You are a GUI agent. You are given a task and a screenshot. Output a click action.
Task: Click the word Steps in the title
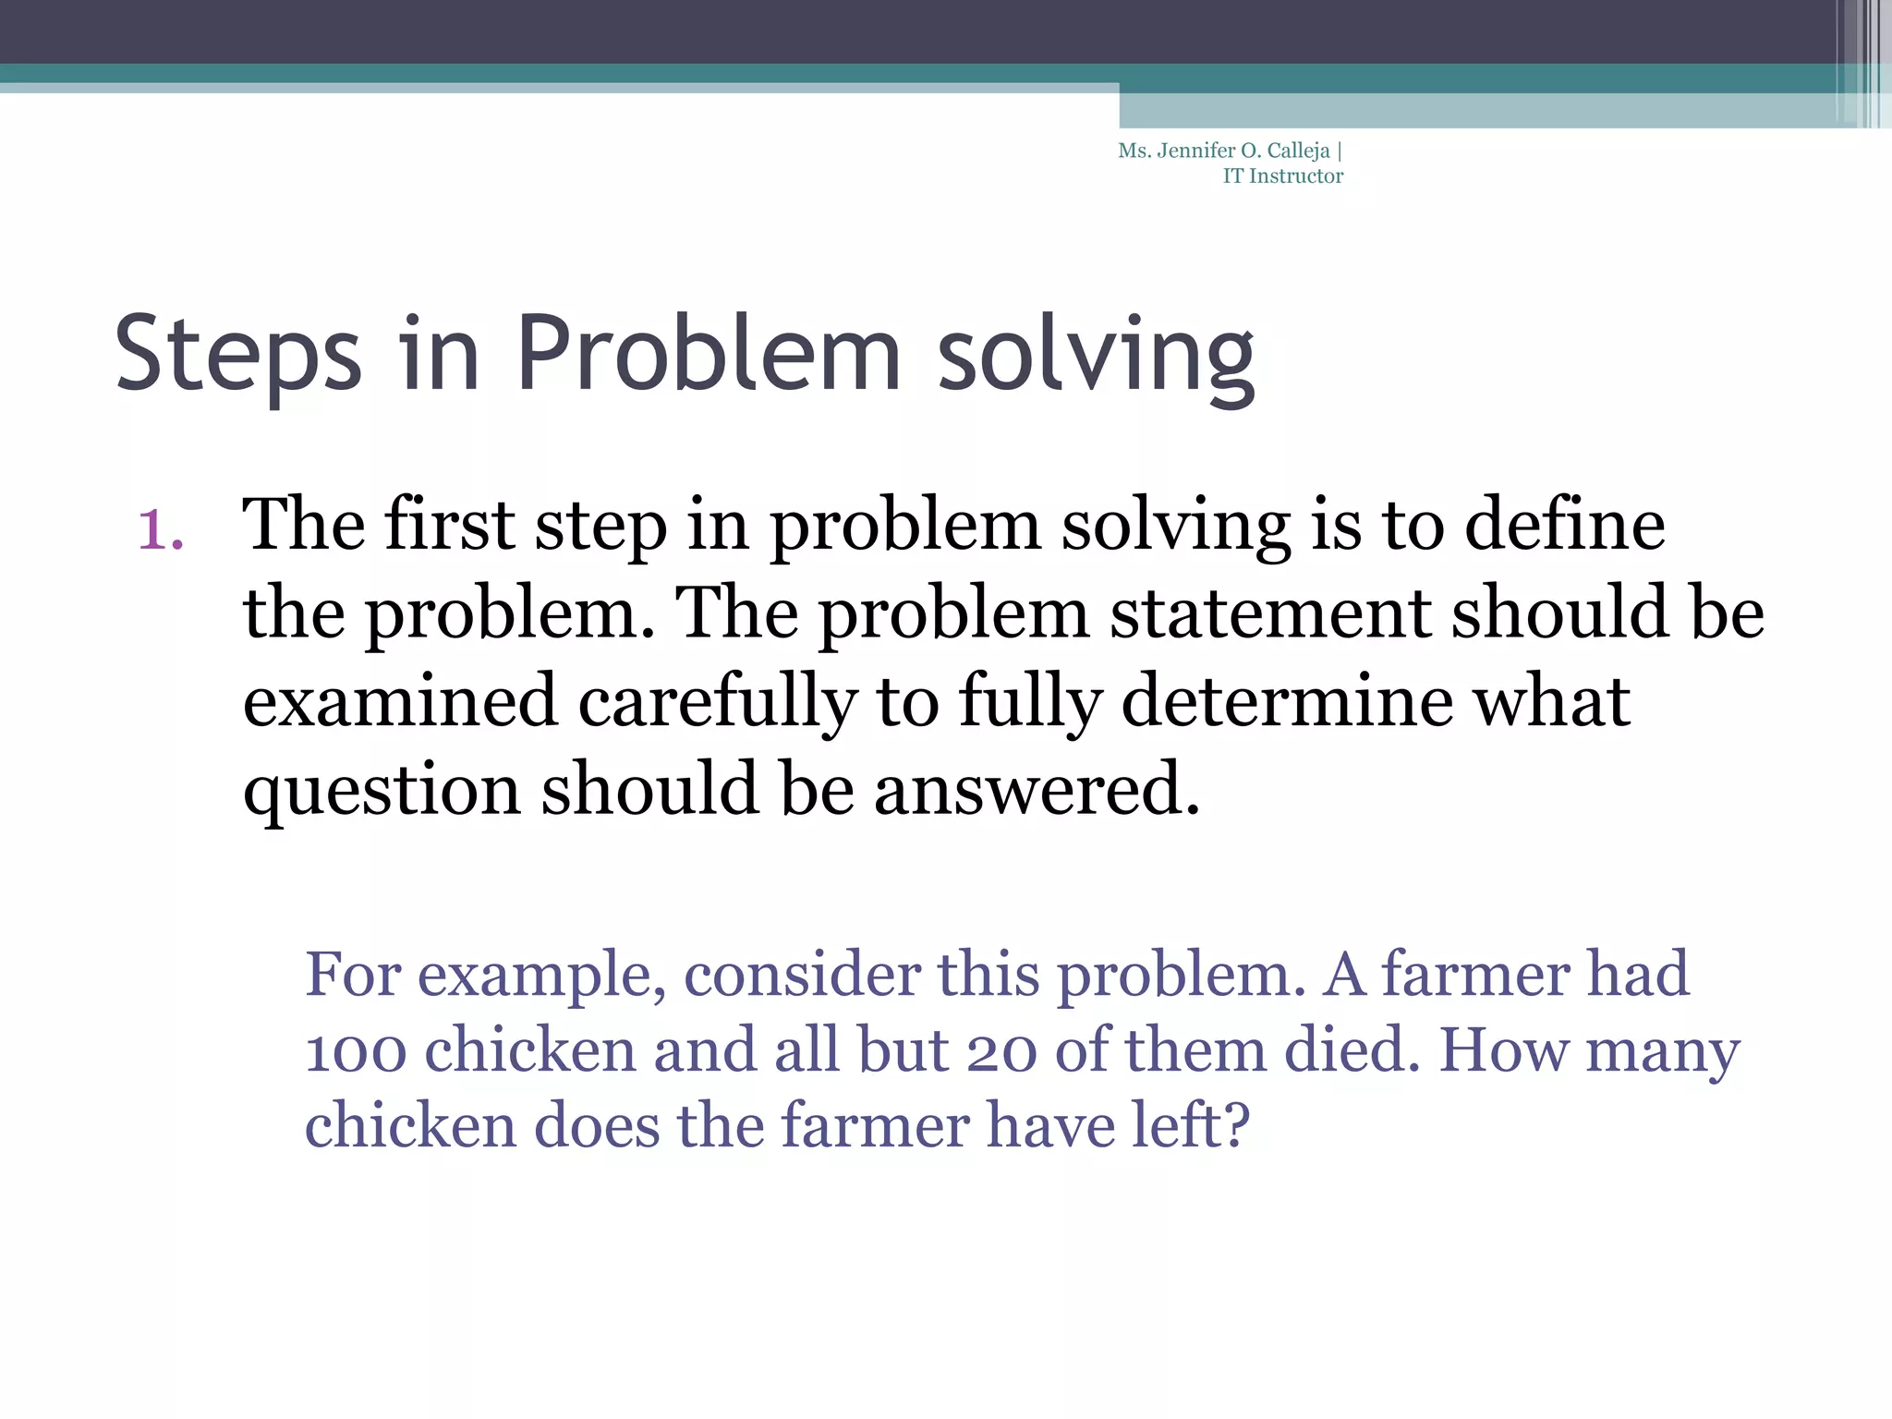[x=237, y=356]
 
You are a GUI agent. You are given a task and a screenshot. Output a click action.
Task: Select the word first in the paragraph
[x=449, y=525]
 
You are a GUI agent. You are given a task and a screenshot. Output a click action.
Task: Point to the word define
[x=1565, y=525]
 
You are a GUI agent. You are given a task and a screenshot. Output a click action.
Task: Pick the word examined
[x=400, y=701]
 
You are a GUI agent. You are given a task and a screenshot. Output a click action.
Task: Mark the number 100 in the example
[x=356, y=1051]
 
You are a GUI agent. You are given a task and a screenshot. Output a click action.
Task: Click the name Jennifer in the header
[x=1195, y=151]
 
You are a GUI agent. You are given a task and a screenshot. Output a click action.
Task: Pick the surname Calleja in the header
[x=1298, y=152]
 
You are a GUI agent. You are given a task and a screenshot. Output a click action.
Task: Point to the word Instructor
[x=1296, y=176]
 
